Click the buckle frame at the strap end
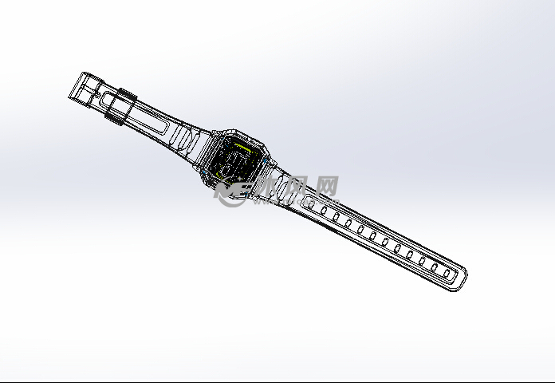click(82, 87)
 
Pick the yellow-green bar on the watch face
click(238, 147)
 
